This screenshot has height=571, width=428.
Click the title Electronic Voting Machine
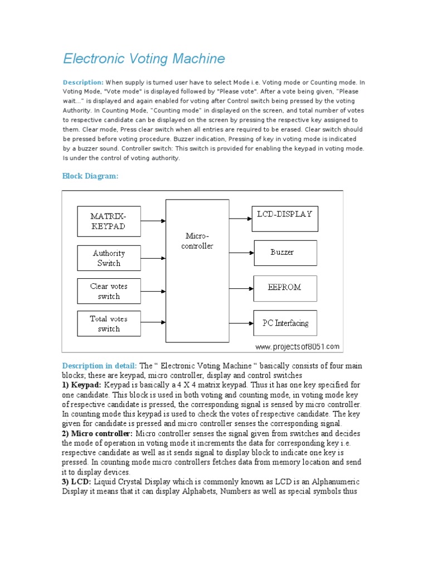click(144, 59)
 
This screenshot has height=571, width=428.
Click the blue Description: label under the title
click(83, 82)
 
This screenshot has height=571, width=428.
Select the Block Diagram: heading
click(90, 176)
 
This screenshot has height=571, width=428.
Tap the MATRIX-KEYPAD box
click(108, 221)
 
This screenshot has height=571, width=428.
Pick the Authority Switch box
click(109, 258)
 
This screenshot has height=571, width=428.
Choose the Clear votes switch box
click(109, 291)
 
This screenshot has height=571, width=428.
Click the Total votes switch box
click(109, 324)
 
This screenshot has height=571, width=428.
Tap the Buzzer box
click(285, 253)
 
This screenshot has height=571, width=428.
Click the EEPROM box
click(285, 288)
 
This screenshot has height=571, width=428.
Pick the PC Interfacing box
click(285, 323)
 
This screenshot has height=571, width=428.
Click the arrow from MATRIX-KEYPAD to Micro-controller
click(153, 221)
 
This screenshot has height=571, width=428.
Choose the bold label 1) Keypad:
click(82, 385)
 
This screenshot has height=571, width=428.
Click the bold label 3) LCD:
click(77, 482)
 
